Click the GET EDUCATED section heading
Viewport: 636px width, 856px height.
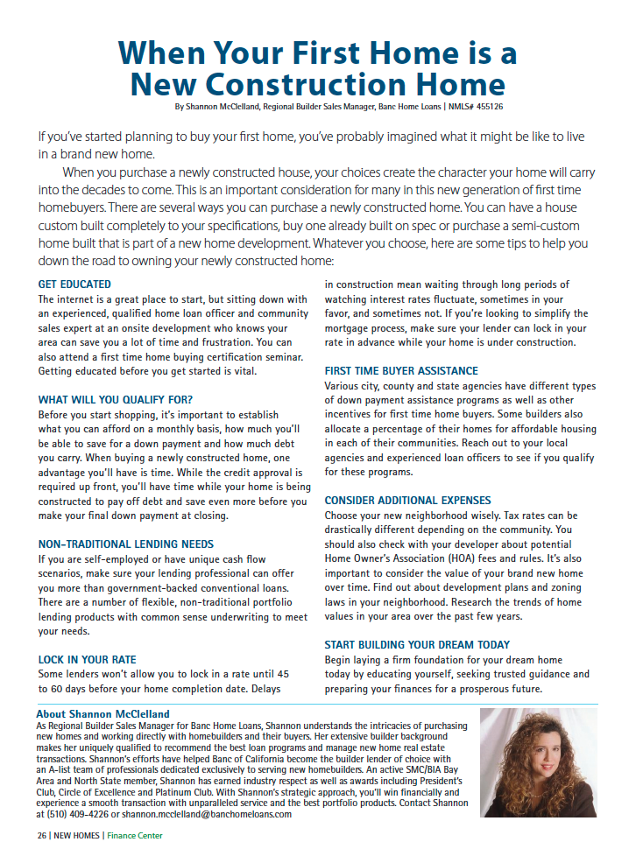(x=74, y=284)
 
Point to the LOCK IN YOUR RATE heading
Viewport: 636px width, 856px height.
(x=87, y=659)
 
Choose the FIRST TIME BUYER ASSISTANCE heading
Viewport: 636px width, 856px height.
(x=401, y=371)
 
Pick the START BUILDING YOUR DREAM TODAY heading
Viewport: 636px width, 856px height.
(x=417, y=645)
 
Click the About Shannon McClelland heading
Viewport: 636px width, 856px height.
(x=103, y=714)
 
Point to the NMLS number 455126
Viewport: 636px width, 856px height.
(x=483, y=106)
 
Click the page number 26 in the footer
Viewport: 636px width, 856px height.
(x=41, y=836)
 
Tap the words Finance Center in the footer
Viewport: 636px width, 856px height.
(x=135, y=836)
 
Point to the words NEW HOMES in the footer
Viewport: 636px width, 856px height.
(x=75, y=836)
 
